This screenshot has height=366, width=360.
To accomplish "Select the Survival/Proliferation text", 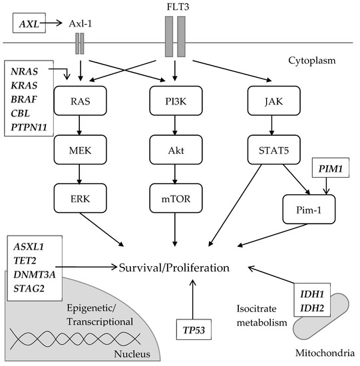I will [x=175, y=268].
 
